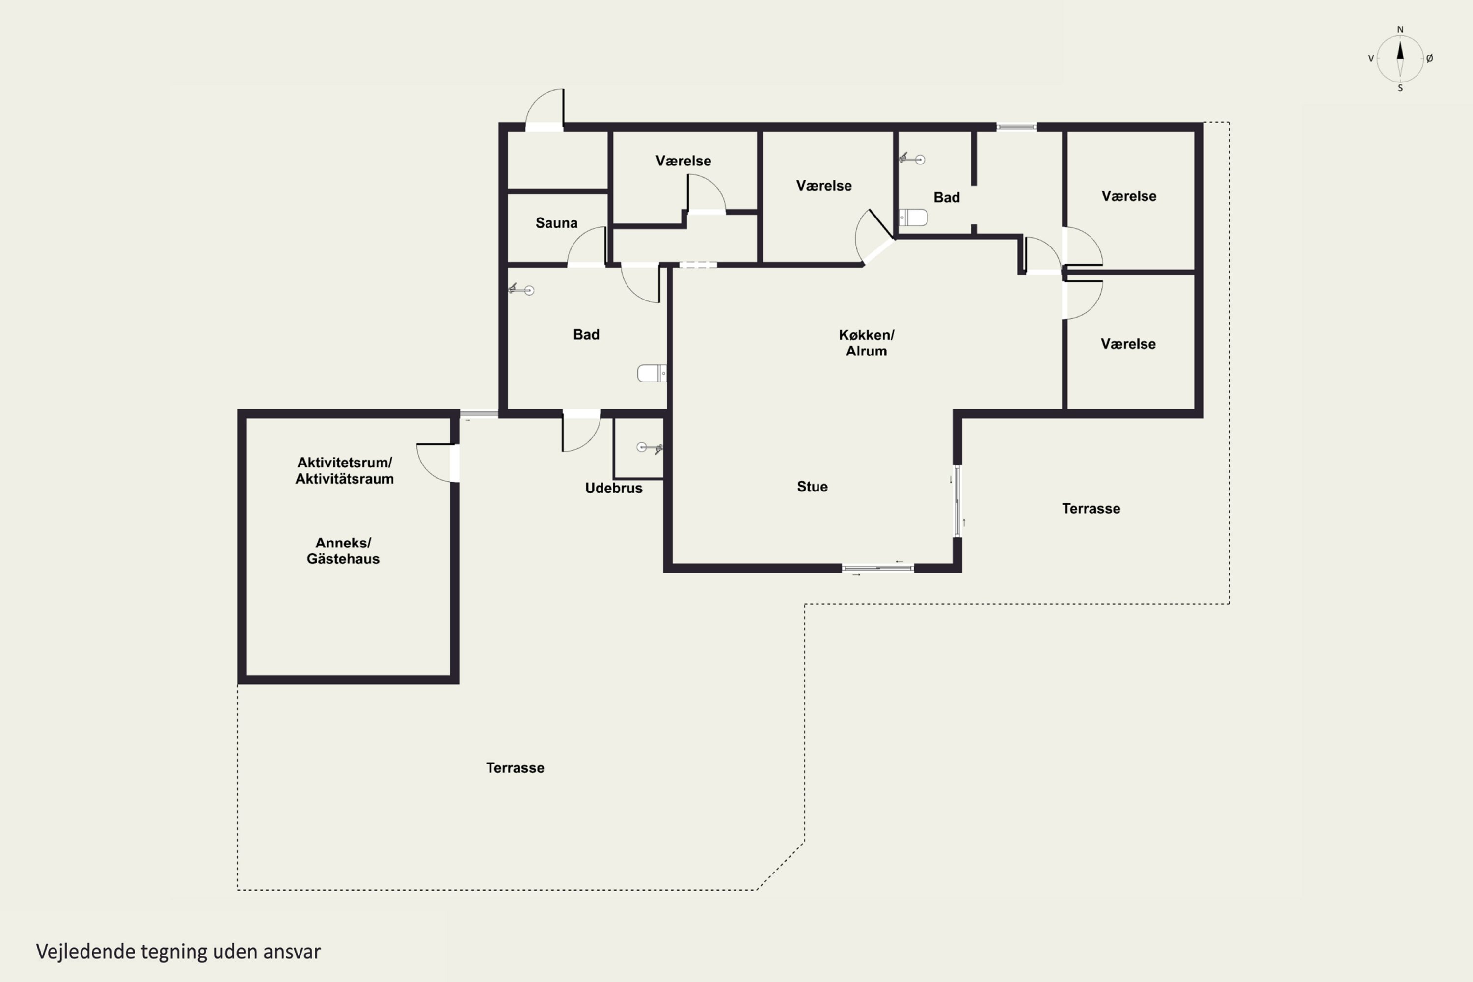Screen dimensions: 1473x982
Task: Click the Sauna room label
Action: pos(556,223)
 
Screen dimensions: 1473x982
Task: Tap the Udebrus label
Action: pos(614,488)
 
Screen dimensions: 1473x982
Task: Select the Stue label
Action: pos(812,487)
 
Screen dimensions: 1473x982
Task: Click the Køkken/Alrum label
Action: pos(867,343)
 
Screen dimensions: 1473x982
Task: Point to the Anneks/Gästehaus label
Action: pos(343,550)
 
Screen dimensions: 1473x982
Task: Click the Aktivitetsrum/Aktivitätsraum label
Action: pos(345,470)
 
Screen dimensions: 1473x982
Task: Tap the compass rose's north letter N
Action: pos(1400,29)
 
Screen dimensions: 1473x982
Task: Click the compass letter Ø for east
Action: pos(1430,58)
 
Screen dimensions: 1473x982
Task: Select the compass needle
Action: pos(1400,58)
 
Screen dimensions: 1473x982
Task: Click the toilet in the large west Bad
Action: pos(652,373)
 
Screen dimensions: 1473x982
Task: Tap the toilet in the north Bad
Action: pos(913,218)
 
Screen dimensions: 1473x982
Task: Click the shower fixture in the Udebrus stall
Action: pos(650,448)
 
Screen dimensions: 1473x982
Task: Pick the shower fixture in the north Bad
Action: pos(912,159)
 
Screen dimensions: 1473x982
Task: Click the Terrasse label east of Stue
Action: pos(1091,509)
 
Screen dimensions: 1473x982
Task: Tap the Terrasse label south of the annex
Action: pos(515,768)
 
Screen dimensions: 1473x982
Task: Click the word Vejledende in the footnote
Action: pos(86,952)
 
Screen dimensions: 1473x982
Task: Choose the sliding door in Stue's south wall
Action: pos(877,568)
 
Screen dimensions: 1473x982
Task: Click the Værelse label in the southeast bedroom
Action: pos(1128,344)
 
